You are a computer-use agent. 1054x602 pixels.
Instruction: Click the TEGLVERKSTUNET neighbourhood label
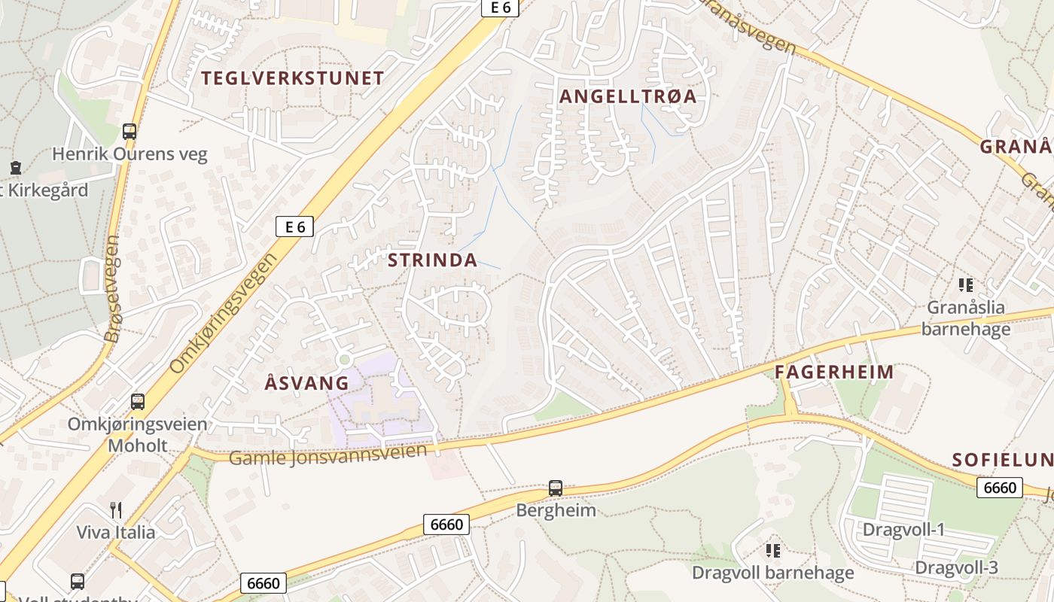(x=292, y=78)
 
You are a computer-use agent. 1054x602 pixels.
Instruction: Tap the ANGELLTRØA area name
(x=627, y=96)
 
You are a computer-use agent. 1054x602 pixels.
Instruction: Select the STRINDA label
(x=432, y=260)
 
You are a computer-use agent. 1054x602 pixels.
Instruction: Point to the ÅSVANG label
(x=307, y=382)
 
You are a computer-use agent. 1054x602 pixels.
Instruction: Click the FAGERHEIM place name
(x=834, y=372)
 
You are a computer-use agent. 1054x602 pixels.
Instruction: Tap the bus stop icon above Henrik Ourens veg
(x=129, y=132)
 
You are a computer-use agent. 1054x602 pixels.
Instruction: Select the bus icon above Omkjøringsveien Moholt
(x=137, y=401)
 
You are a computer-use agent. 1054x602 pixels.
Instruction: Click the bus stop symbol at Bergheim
(x=556, y=488)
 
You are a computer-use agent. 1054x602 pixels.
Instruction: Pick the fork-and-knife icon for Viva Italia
(x=116, y=510)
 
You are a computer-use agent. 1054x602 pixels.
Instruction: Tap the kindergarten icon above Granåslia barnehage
(x=966, y=285)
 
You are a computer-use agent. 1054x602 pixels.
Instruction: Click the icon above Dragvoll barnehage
(x=773, y=551)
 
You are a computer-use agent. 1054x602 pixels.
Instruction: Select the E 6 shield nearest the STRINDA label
(x=294, y=226)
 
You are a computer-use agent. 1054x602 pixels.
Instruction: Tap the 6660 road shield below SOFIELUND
(x=1000, y=488)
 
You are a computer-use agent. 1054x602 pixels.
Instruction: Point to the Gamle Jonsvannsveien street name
(x=327, y=455)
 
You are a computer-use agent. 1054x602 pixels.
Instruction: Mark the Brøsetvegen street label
(x=113, y=289)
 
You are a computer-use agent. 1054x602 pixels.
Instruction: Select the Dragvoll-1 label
(x=903, y=530)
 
